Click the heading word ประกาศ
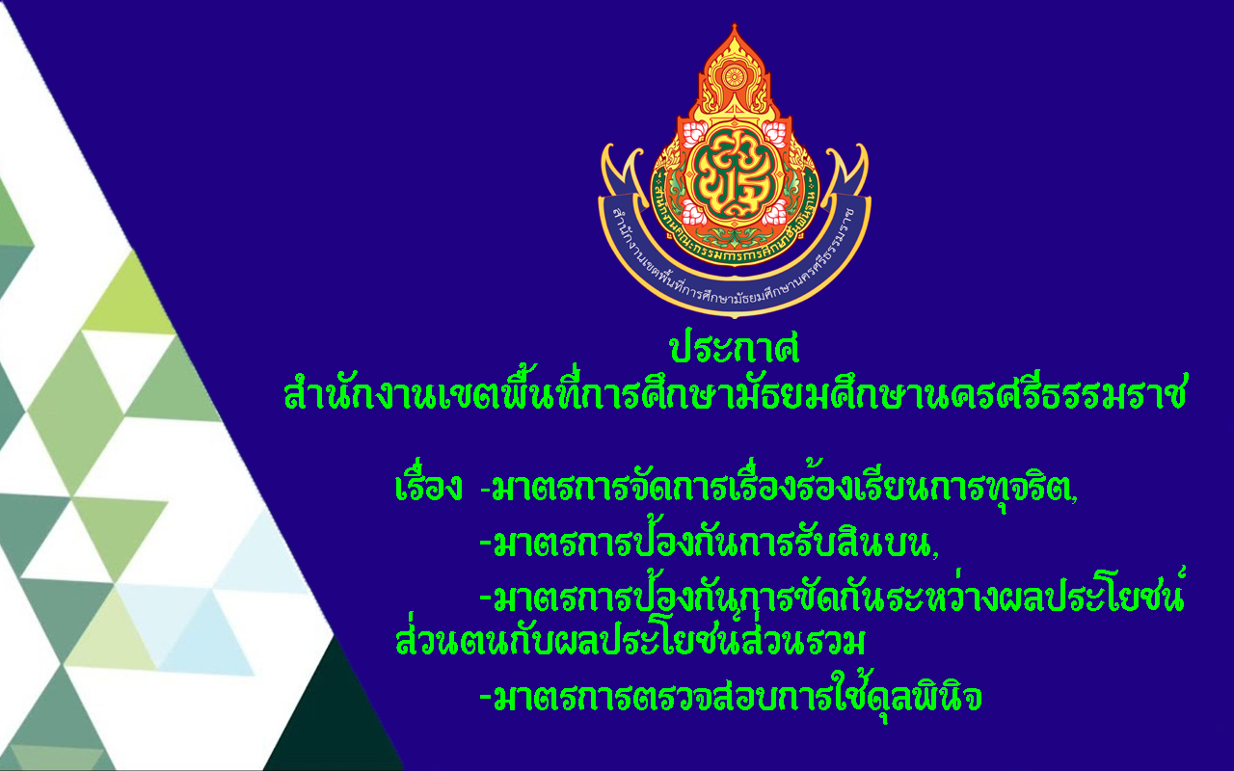735,348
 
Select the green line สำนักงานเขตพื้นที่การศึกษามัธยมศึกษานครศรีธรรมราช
735,391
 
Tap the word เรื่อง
428,485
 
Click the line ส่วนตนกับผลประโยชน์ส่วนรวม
630,639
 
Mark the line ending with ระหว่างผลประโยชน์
838,595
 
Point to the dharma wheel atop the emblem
734,76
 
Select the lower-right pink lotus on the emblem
774,213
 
